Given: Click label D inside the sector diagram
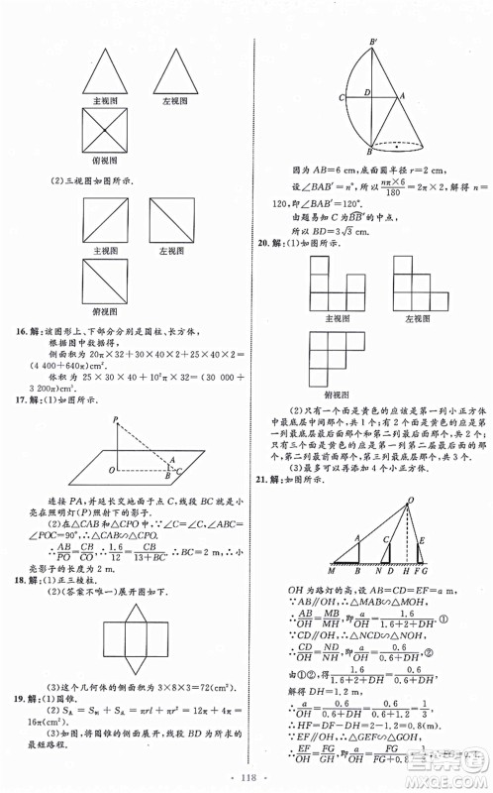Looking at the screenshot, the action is pyautogui.click(x=364, y=92).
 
